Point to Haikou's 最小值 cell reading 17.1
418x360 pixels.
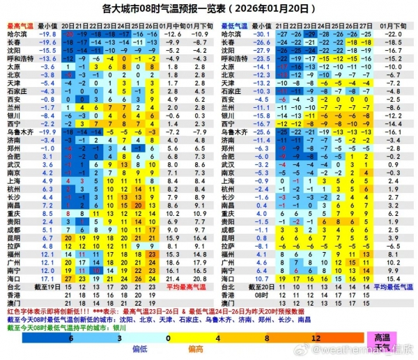48,279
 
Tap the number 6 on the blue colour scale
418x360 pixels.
70,337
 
